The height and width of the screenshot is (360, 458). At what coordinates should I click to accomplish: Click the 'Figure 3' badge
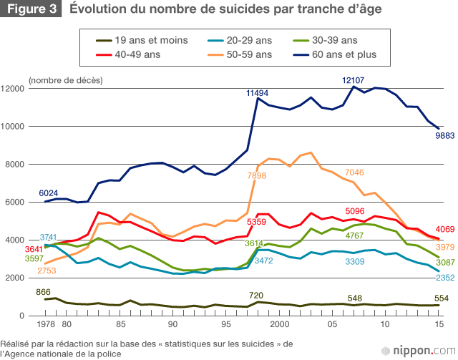click(x=31, y=9)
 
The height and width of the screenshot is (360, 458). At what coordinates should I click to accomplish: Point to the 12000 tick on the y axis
click(x=14, y=89)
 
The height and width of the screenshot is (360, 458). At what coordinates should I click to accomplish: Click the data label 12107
click(x=354, y=80)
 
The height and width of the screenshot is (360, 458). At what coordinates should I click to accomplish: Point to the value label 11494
click(x=258, y=93)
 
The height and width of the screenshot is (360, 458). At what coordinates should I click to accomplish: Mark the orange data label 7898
click(x=257, y=175)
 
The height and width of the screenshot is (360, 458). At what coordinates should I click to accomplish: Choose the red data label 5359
click(x=257, y=223)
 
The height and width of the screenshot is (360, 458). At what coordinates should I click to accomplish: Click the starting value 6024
click(x=49, y=193)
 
